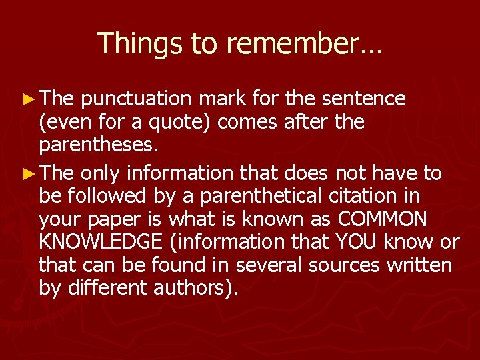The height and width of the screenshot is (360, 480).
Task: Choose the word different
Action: click(x=104, y=289)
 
